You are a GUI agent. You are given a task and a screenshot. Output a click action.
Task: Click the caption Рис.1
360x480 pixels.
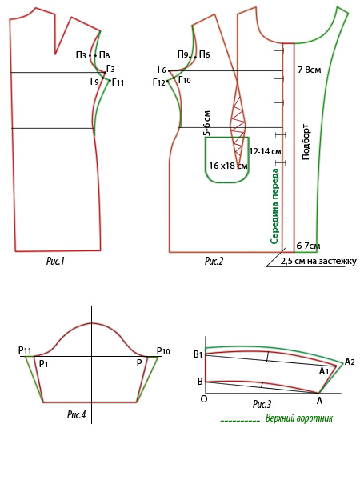tap(55, 261)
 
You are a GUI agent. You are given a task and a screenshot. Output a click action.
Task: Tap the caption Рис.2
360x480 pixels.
tap(214, 261)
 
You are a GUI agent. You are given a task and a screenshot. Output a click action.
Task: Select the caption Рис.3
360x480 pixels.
tap(262, 404)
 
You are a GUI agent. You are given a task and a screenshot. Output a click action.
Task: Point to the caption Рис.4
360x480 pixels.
tap(77, 414)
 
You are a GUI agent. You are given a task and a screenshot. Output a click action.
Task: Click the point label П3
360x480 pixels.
tap(81, 55)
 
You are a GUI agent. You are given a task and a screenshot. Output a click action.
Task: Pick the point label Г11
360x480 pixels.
tap(118, 82)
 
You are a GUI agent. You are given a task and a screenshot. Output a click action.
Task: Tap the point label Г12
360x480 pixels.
tap(159, 82)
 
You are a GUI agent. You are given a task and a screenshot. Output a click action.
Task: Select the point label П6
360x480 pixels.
tap(205, 54)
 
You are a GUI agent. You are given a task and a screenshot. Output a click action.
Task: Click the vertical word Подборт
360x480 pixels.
tap(306, 142)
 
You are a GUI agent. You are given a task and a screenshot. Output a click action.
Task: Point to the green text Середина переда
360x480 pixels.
tap(274, 206)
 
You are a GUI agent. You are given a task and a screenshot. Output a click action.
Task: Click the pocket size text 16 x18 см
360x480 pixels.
tap(228, 166)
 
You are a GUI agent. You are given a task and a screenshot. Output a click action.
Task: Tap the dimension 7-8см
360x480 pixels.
tap(310, 70)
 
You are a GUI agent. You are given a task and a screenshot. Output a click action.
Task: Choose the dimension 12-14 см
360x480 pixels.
tap(265, 151)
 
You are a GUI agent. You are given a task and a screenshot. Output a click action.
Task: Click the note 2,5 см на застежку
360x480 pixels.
tap(318, 262)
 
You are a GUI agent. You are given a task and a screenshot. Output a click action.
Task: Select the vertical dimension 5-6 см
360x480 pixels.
tap(207, 123)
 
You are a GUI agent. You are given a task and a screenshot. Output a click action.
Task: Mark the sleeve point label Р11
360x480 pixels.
tap(25, 350)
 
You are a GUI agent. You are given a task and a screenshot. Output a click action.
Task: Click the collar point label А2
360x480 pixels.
tap(350, 362)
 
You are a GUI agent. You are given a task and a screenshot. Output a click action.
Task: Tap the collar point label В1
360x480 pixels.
tap(198, 354)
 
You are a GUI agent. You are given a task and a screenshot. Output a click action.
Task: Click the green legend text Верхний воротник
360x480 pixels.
tap(298, 418)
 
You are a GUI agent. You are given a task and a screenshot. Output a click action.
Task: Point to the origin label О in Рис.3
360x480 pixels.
tap(203, 399)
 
